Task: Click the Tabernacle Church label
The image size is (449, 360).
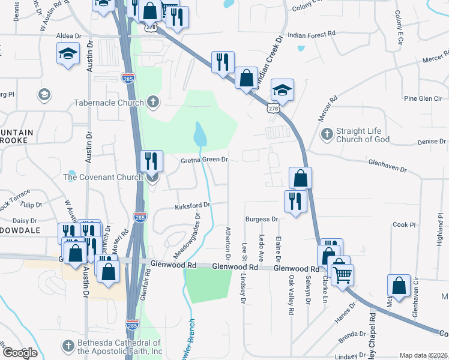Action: click(109, 103)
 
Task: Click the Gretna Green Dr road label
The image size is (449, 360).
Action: click(205, 160)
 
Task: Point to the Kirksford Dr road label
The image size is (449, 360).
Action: click(192, 206)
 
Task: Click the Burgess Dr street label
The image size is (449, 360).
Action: click(262, 220)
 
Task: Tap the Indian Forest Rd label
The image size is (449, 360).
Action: click(311, 35)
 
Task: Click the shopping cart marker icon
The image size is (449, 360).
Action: click(342, 274)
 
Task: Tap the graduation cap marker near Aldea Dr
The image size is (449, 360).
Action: click(68, 53)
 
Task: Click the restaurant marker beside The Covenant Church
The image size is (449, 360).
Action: click(151, 160)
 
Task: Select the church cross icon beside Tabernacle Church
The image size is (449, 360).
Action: click(153, 101)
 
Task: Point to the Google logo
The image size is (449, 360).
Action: click(20, 353)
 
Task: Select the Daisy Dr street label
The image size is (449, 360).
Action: click(25, 221)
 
